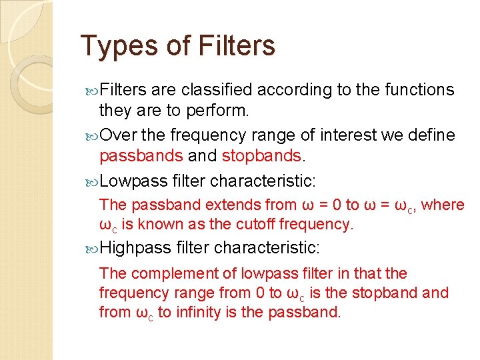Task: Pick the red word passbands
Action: pos(141,157)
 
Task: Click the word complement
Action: pos(164,273)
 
